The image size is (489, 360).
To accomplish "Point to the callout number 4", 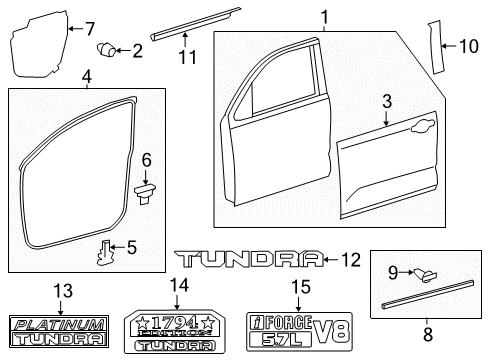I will tap(87, 75).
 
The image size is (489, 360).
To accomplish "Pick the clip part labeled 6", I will tap(147, 189).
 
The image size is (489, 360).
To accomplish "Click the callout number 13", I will tap(62, 290).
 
